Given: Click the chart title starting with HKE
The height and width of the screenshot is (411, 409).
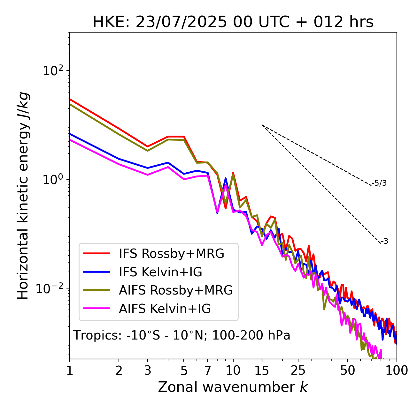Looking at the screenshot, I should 233,22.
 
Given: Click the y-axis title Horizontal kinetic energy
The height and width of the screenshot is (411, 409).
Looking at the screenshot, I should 23,196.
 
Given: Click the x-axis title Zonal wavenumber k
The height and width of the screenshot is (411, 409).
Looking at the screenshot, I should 233,387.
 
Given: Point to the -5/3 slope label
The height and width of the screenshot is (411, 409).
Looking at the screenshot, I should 379,183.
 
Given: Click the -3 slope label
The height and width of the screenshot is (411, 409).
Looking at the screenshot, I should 384,241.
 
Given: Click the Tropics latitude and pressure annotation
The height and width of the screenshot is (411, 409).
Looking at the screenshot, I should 182,336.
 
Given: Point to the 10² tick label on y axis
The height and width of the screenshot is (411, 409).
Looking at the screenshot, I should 52,71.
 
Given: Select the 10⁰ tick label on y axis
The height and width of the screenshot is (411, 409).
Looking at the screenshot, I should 52,180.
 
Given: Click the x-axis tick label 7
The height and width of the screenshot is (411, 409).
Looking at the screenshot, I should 208,370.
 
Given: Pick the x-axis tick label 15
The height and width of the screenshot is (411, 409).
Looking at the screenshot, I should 262,370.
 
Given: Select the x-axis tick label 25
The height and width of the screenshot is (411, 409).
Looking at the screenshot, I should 298,370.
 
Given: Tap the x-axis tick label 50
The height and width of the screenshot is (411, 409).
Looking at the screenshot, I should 347,370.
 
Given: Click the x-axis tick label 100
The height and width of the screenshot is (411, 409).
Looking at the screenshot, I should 397,370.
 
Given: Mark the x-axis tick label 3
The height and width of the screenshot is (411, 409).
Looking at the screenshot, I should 148,370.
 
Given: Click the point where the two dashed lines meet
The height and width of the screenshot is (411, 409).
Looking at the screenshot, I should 262,125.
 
